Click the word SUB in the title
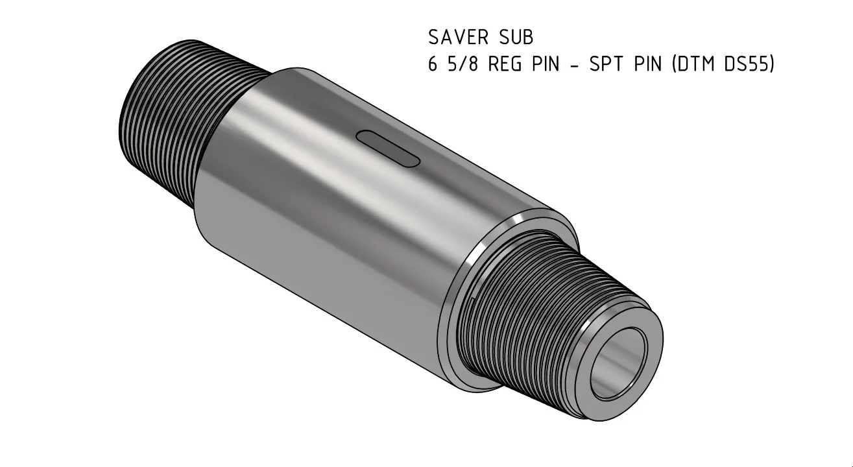(516, 38)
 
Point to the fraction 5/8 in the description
(460, 66)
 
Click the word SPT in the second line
(607, 66)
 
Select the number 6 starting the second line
(433, 66)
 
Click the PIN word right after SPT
(649, 66)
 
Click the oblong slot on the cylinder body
(388, 150)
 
